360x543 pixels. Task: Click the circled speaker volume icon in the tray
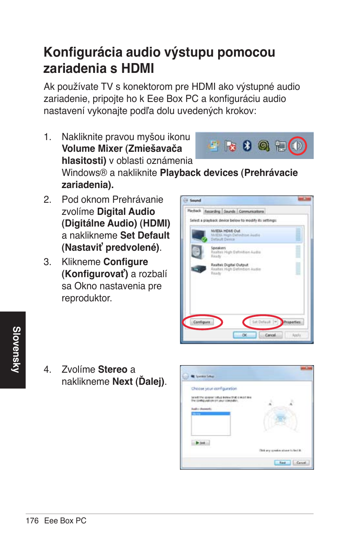coord(297,146)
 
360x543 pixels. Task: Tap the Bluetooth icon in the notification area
coord(247,145)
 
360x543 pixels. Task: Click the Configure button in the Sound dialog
coord(202,322)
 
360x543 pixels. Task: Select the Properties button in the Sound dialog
coord(292,322)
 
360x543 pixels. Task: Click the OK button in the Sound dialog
coord(244,335)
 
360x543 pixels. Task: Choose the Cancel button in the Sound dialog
coord(270,335)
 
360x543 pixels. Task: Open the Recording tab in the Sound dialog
coord(212,211)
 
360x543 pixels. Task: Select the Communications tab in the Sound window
coord(251,211)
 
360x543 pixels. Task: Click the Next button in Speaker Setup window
coord(282,463)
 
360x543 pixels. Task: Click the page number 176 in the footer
coord(32,521)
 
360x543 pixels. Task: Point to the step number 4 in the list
coord(47,369)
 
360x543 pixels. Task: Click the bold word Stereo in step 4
coord(112,369)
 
